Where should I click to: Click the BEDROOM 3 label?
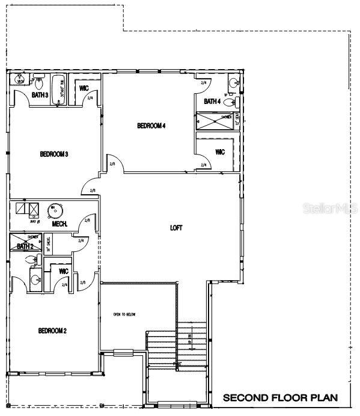point(53,154)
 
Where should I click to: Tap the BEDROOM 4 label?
point(151,126)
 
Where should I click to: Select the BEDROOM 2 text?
point(52,331)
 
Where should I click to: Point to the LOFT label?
point(176,228)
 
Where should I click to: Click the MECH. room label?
point(59,224)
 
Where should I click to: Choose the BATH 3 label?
point(40,95)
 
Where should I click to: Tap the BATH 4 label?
point(212,102)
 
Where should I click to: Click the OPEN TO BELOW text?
point(124,314)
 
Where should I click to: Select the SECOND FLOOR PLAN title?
point(280,398)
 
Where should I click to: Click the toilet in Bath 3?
point(38,80)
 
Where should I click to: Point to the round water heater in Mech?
point(55,210)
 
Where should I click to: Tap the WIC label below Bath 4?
point(219,152)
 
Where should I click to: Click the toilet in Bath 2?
point(37,260)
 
